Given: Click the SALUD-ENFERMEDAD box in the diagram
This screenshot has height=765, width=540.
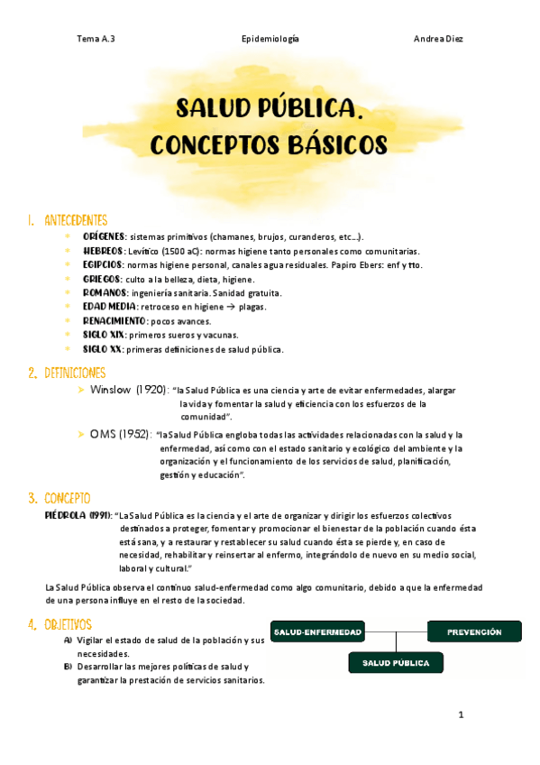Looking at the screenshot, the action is (x=318, y=631).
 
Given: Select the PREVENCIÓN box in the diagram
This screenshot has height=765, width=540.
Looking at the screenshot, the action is (x=474, y=631).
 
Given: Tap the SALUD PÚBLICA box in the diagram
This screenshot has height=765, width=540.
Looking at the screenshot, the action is (x=396, y=663).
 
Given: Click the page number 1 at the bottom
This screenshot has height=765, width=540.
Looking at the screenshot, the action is (x=461, y=715).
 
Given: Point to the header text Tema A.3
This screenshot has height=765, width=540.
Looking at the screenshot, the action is (x=96, y=40).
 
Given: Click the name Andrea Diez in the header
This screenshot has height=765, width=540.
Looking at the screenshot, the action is (x=438, y=40).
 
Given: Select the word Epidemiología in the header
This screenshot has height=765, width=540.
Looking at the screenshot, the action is (x=270, y=40).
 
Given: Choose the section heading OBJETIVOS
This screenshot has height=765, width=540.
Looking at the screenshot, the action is (x=68, y=623).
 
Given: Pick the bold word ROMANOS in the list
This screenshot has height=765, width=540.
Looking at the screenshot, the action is (x=105, y=293).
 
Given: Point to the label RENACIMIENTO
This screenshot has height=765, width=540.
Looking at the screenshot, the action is (x=114, y=321).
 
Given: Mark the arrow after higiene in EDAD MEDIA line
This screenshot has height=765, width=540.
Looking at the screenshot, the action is (x=230, y=308).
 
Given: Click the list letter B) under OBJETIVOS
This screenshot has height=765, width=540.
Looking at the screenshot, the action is (x=69, y=667).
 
